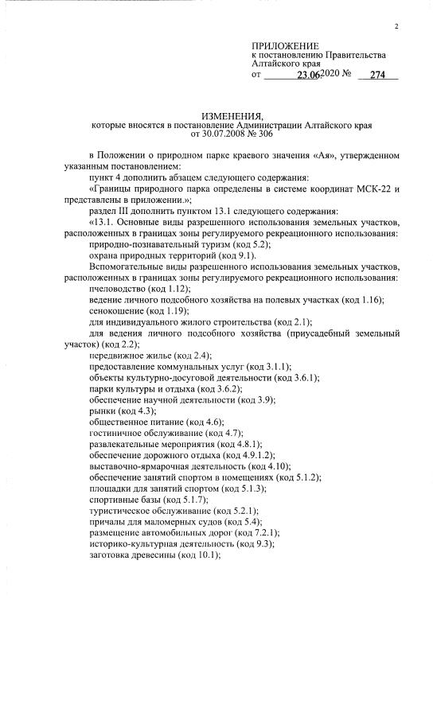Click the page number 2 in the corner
click(x=395, y=27)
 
